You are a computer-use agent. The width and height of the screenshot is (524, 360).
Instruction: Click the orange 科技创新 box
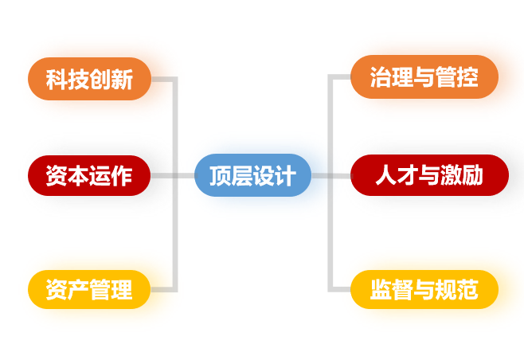coord(89,80)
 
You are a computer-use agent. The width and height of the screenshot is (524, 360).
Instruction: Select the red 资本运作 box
coord(89,175)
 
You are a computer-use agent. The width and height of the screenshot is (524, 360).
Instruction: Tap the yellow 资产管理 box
coord(89,289)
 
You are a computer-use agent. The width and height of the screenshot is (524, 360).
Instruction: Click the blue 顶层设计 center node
coord(252,175)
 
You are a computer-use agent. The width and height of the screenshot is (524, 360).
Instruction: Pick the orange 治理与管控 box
coord(424,77)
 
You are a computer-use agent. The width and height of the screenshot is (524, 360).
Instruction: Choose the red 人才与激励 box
coord(429,175)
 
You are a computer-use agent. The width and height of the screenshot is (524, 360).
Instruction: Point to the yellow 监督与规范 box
coord(424,289)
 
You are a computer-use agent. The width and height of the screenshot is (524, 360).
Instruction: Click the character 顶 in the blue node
coord(220,176)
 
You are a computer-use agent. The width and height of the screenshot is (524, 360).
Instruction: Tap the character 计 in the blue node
coord(284,176)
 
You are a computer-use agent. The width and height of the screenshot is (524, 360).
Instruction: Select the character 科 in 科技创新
coord(57,80)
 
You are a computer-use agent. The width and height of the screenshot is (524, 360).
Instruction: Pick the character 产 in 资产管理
coord(78,290)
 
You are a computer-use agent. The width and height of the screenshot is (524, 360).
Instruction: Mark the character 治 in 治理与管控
coord(381,78)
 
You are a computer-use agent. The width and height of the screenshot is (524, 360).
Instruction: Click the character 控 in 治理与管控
coord(468,78)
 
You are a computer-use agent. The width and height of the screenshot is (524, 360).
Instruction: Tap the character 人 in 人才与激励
coord(385,176)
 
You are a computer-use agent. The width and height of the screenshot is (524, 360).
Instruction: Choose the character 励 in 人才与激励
coord(473,176)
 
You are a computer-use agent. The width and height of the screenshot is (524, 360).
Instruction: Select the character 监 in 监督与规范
coord(381,290)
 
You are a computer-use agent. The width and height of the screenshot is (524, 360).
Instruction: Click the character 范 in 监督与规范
coord(468,290)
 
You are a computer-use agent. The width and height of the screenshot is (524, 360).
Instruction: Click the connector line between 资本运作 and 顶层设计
coord(173,175)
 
